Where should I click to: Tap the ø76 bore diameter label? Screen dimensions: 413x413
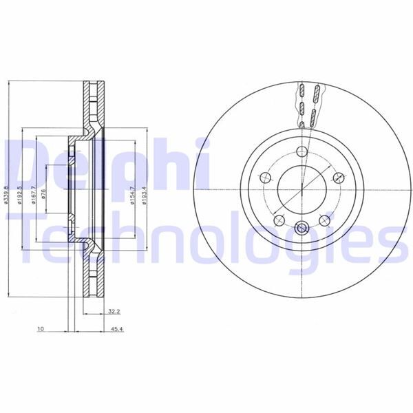coord(43,192)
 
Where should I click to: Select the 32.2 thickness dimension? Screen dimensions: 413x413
coord(114,312)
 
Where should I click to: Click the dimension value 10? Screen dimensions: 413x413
coord(41,330)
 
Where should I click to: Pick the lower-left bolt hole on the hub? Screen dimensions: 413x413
coord(278,220)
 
